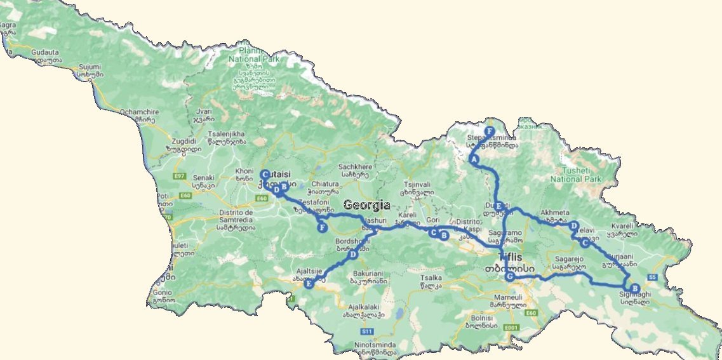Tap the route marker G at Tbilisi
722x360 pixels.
coord(509,276)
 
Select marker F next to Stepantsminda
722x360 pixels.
coord(490,131)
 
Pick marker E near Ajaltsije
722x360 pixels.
coord(309,284)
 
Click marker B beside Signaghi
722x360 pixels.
coord(636,288)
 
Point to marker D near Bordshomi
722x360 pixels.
coord(352,255)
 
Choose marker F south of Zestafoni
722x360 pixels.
coord(323,227)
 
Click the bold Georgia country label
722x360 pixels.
coord(367,205)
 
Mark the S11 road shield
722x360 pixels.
coord(366,331)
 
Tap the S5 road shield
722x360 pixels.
coord(652,277)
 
